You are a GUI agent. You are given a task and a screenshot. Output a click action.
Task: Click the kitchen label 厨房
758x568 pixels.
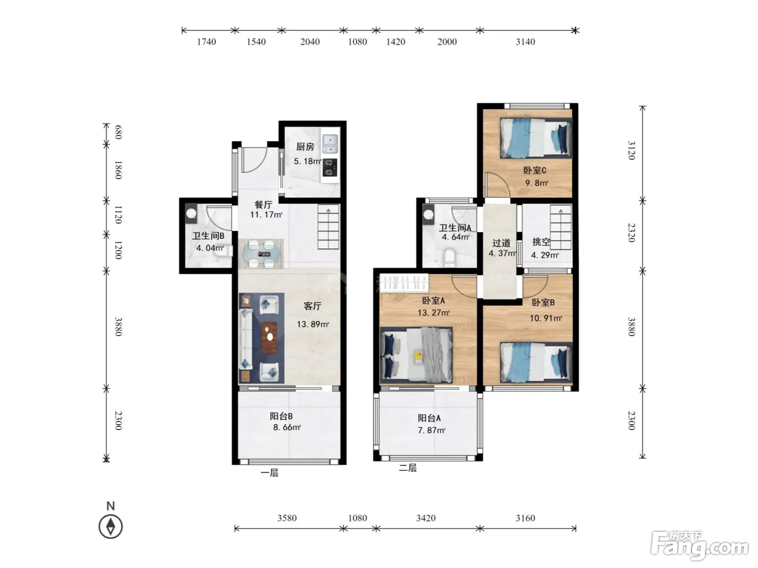(305, 147)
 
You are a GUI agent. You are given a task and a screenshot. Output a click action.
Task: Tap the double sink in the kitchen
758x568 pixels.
(330, 144)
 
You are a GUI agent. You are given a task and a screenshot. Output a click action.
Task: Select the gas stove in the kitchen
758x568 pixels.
(330, 167)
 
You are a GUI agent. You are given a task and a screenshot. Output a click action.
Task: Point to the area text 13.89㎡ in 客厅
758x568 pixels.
(313, 324)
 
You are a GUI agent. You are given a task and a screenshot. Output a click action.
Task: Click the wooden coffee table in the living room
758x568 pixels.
(269, 338)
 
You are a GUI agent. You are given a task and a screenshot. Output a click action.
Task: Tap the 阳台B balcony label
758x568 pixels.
(281, 416)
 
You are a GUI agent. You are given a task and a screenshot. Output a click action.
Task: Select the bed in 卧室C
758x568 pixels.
(536, 138)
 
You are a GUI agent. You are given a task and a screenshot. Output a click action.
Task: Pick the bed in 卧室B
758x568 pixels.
(536, 362)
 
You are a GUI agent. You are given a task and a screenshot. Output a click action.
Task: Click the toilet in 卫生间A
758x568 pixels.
(449, 258)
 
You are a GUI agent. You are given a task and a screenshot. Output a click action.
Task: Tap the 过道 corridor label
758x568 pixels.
(501, 243)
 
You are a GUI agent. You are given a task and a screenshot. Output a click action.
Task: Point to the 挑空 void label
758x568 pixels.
(541, 242)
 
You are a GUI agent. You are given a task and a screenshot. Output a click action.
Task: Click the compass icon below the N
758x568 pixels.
(110, 526)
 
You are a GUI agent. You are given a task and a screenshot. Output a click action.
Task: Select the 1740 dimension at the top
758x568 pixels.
(206, 42)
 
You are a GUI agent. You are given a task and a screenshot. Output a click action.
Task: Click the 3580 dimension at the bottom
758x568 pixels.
(287, 518)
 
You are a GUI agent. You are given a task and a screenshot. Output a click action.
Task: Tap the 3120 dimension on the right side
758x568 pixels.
(631, 150)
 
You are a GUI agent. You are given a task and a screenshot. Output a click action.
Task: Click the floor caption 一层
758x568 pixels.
(269, 473)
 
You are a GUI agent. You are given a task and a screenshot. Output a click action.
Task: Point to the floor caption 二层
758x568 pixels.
(408, 468)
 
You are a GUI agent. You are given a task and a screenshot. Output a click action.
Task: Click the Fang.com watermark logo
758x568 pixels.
(700, 546)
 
